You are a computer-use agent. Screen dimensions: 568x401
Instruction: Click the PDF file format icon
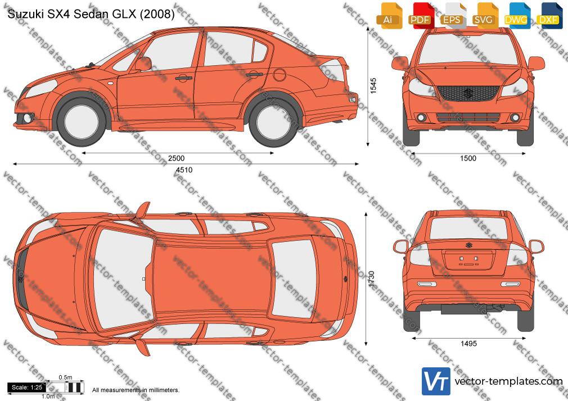click(420, 16)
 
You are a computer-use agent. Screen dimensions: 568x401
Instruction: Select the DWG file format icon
click(516, 16)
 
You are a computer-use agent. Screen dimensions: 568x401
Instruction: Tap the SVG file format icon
click(484, 16)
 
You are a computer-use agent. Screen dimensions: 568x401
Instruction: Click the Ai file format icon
click(388, 16)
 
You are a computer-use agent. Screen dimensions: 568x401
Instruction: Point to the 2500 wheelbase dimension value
click(177, 158)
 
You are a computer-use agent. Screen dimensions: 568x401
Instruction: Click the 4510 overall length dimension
click(184, 170)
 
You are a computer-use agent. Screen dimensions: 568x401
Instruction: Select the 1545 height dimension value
click(373, 86)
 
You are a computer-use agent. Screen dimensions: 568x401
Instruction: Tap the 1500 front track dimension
click(468, 158)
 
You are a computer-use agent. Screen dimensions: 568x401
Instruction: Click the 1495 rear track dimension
click(468, 344)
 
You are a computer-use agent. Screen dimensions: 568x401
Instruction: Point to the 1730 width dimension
click(371, 279)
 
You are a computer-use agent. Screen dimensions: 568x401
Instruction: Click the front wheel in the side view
click(81, 120)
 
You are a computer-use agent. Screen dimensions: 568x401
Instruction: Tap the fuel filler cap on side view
click(280, 75)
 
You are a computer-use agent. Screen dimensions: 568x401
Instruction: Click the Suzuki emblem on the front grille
click(468, 93)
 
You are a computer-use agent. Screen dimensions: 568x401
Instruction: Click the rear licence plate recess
click(468, 260)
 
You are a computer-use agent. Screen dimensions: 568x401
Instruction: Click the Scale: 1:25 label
click(27, 388)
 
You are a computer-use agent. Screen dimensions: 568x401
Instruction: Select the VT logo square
click(436, 381)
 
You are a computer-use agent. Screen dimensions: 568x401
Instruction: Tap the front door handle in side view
click(184, 78)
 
